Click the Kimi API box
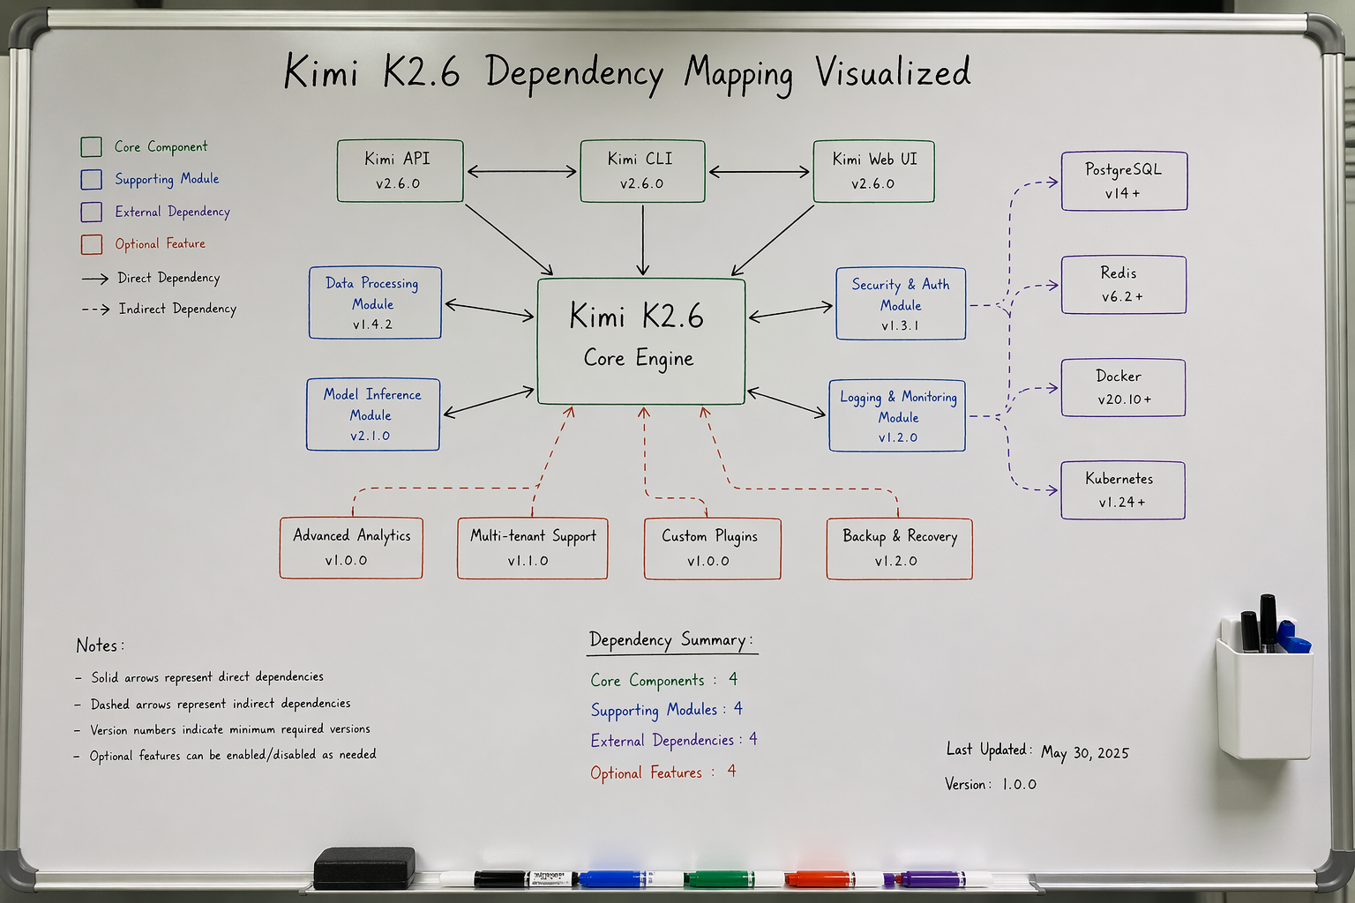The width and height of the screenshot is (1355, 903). [400, 171]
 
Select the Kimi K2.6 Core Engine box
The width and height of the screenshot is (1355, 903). [640, 341]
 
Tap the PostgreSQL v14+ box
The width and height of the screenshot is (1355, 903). [1124, 181]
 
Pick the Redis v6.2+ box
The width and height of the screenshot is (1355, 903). [1123, 285]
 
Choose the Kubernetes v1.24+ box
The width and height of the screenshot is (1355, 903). [1123, 490]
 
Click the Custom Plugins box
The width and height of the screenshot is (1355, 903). [712, 549]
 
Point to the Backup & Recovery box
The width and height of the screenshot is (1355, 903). [900, 549]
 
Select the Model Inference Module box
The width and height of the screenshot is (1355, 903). [372, 414]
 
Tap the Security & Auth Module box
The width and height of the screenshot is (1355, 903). [901, 303]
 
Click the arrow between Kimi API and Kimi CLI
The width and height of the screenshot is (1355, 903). [522, 172]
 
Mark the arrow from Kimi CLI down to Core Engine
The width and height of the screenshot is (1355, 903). [642, 240]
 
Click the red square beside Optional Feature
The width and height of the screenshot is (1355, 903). [92, 244]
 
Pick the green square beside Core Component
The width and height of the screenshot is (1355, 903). [92, 146]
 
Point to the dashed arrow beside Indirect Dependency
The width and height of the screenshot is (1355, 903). [95, 309]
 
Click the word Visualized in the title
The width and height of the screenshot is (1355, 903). [893, 72]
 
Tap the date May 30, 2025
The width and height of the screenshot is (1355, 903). [1084, 753]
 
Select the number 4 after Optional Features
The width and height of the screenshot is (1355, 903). [732, 771]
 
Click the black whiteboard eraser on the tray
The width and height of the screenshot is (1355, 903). [364, 868]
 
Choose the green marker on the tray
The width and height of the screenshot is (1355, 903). [719, 878]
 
